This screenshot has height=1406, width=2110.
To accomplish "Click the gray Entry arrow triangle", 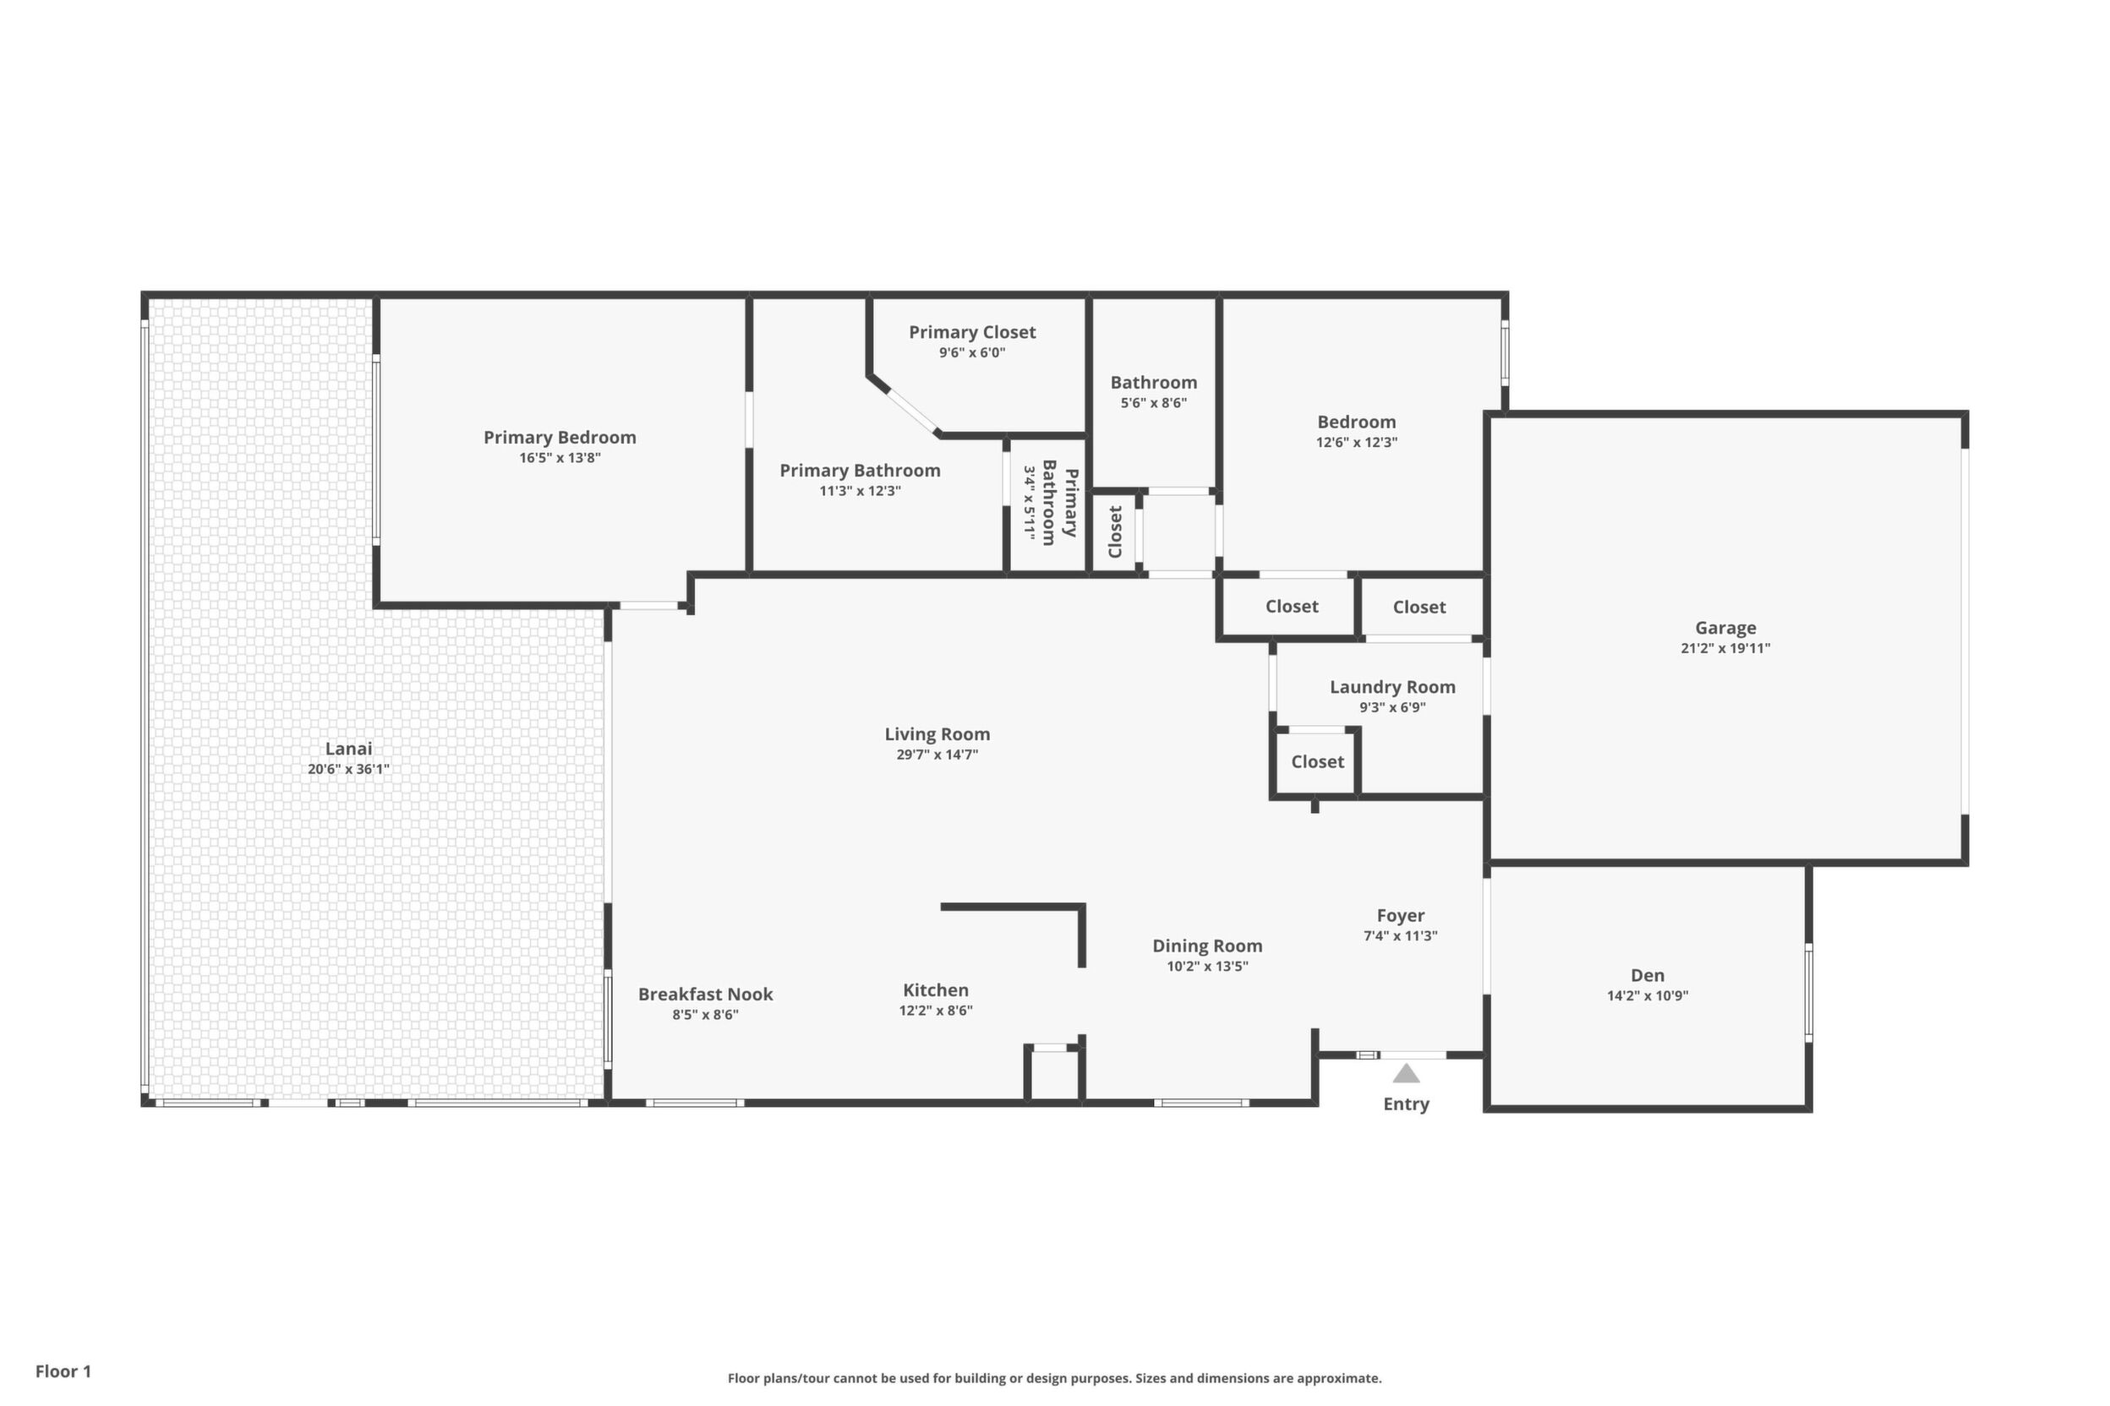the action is pyautogui.click(x=1406, y=1073).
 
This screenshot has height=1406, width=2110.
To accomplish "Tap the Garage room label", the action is pyautogui.click(x=1725, y=629).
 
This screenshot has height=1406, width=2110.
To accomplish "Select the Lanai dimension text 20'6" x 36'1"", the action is pyautogui.click(x=348, y=768).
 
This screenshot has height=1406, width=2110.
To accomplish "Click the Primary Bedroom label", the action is pyautogui.click(x=560, y=438).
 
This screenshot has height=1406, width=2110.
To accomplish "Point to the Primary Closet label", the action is pyautogui.click(x=972, y=333).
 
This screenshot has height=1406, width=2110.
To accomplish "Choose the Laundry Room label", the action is pyautogui.click(x=1392, y=687).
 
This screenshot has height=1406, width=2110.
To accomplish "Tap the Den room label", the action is pyautogui.click(x=1647, y=976).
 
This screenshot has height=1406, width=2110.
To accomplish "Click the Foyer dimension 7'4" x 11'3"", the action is pyautogui.click(x=1401, y=935).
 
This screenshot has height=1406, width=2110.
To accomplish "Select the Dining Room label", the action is pyautogui.click(x=1207, y=946).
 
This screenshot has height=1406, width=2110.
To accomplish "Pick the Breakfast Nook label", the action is pyautogui.click(x=705, y=995).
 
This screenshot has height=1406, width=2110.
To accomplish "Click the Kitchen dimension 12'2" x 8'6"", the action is pyautogui.click(x=936, y=1011).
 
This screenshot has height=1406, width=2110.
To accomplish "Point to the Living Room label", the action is pyautogui.click(x=937, y=734).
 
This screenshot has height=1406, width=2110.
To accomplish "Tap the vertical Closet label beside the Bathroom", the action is pyautogui.click(x=1115, y=531).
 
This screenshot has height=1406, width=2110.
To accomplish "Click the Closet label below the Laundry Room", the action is pyautogui.click(x=1317, y=762).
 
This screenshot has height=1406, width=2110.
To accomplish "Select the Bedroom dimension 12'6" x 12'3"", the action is pyautogui.click(x=1357, y=442).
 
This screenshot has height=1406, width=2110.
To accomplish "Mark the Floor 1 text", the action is pyautogui.click(x=63, y=1371).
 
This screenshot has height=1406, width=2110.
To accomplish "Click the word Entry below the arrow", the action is pyautogui.click(x=1406, y=1104).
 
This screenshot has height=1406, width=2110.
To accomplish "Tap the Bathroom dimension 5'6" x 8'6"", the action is pyautogui.click(x=1154, y=402).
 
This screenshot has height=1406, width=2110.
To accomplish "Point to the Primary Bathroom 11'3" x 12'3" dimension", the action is pyautogui.click(x=860, y=490).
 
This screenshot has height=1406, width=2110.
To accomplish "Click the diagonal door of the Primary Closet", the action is pyautogui.click(x=912, y=411).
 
